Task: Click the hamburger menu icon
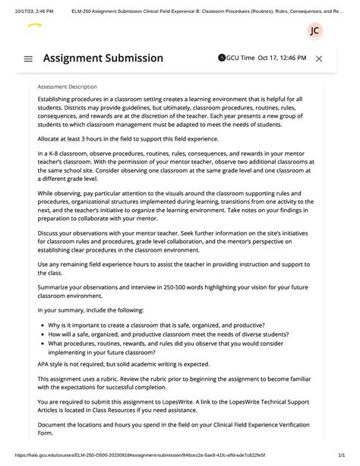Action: point(28,59)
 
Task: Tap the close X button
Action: point(319,59)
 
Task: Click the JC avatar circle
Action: point(314,30)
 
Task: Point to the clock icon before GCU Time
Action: point(221,58)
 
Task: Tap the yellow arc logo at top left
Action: point(34,26)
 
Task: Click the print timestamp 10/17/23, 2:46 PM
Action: point(32,6)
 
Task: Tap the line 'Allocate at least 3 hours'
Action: point(133,140)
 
